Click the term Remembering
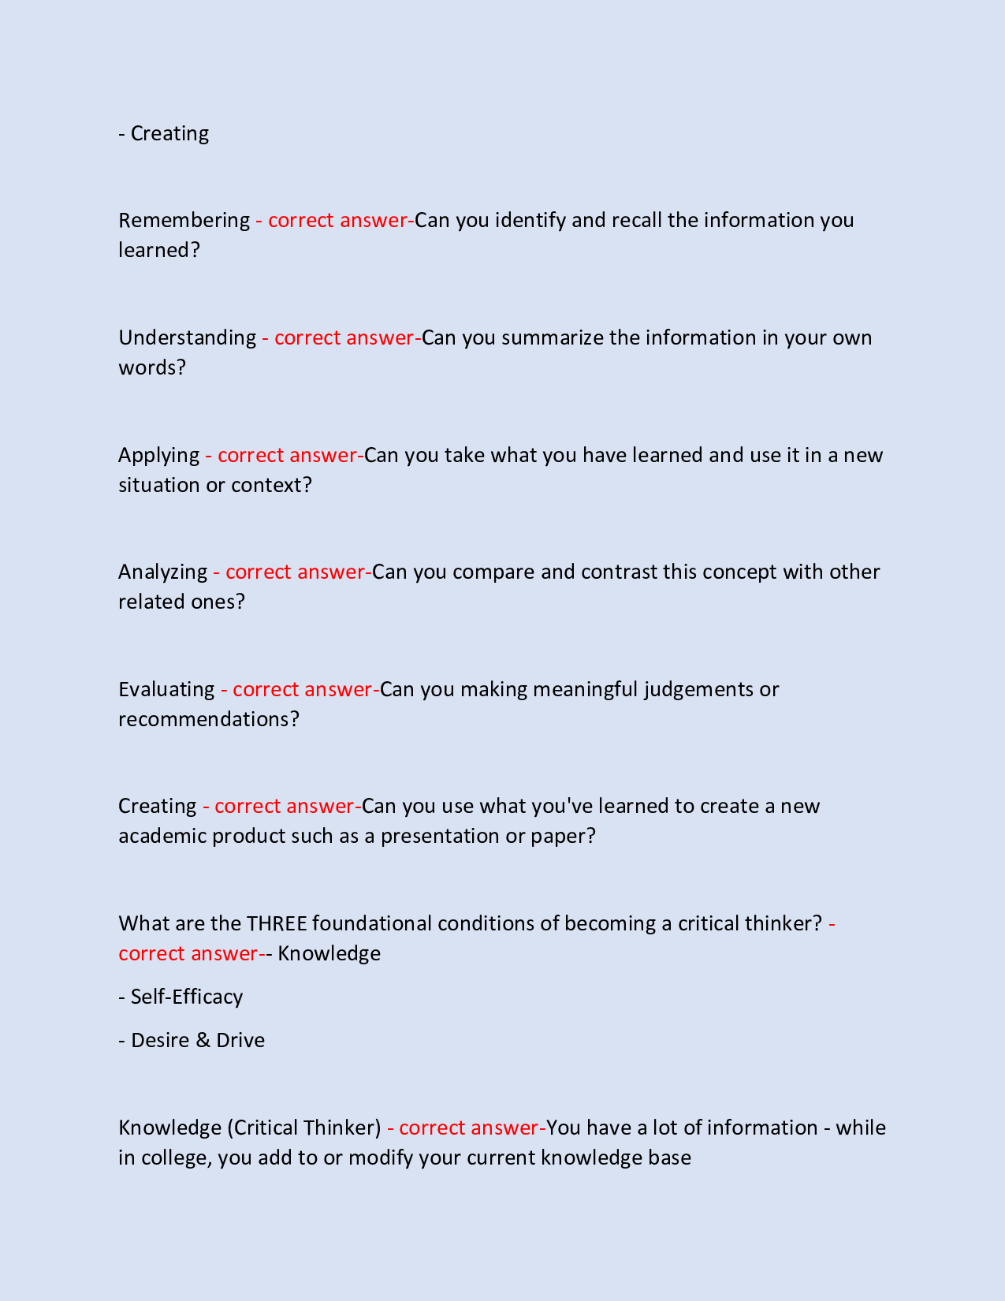pos(184,220)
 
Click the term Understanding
pos(188,337)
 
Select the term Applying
pos(158,455)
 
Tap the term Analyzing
pos(162,572)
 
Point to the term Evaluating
pos(166,689)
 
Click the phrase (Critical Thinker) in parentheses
pos(304,1128)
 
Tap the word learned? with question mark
pos(159,250)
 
